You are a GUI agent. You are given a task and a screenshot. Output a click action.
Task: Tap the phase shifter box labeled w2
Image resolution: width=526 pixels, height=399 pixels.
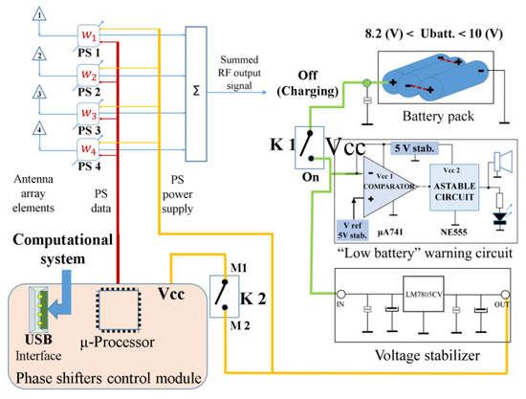pos(89,74)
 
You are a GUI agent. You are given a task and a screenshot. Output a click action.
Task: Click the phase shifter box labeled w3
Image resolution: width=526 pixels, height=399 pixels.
pos(89,112)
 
